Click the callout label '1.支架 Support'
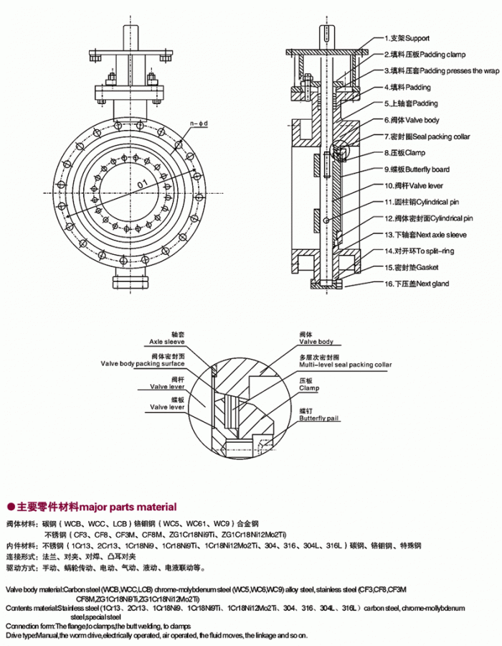[x=407, y=37]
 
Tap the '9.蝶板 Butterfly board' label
[x=417, y=169]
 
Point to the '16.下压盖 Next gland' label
[x=416, y=284]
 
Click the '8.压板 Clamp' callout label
[x=404, y=153]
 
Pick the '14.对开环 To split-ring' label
[x=419, y=251]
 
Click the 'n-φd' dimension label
[x=198, y=124]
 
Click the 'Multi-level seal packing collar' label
[x=346, y=365]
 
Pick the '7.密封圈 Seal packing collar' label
[x=426, y=136]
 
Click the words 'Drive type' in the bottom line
[x=22, y=636]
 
